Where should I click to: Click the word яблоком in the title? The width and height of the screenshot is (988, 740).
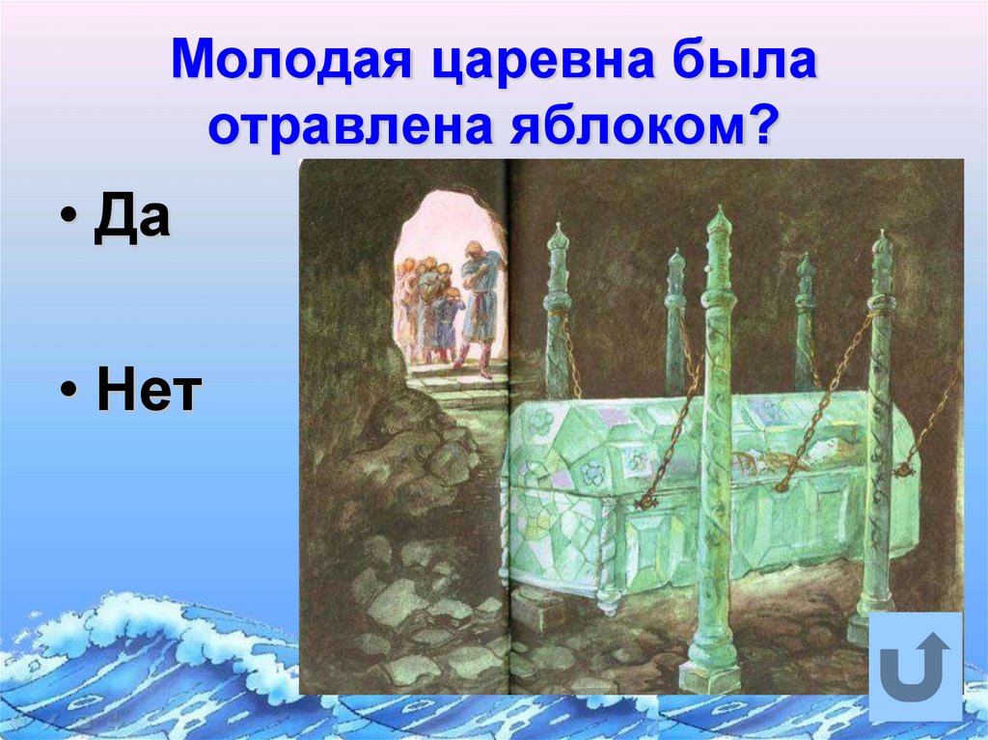(x=627, y=128)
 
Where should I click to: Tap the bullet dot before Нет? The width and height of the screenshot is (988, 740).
(x=70, y=396)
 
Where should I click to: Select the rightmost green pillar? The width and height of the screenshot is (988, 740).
(x=880, y=425)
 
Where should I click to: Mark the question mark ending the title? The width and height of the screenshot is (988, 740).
(x=759, y=128)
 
